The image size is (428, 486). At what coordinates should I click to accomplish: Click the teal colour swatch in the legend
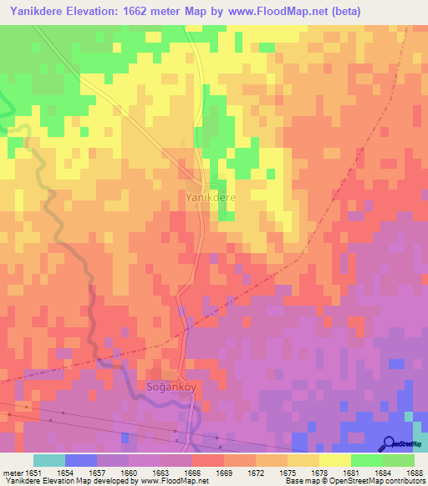pyautogui.click(x=48, y=459)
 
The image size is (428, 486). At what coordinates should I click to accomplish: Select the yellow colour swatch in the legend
pyautogui.click(x=334, y=459)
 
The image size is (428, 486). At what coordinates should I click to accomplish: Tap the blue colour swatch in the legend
pyautogui.click(x=80, y=459)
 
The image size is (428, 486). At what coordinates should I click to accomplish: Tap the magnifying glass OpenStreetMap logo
pyautogui.click(x=390, y=443)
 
